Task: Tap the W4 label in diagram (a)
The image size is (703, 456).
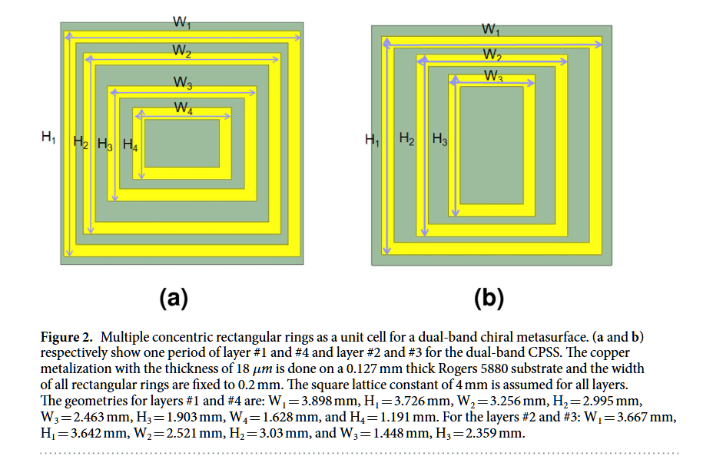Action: (183, 109)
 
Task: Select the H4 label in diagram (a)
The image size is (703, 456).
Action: (130, 144)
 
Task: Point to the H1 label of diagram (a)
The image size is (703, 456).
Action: (48, 138)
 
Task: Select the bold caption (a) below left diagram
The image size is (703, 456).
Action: (174, 298)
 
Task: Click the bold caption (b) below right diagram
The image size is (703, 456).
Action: (489, 298)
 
